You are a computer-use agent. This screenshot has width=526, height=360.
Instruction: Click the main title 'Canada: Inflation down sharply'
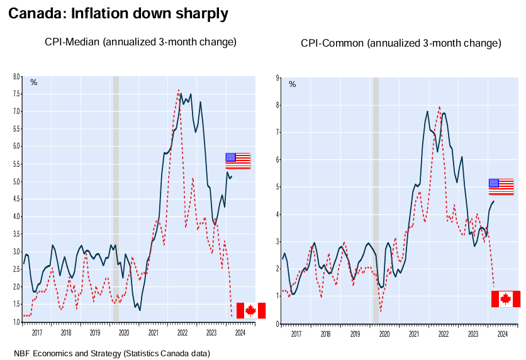pos(118,13)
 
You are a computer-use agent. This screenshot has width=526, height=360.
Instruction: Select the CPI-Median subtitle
pos(140,42)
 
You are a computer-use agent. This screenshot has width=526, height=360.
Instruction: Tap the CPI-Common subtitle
pos(401,43)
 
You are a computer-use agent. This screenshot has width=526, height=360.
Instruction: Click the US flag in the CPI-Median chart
pos(238,160)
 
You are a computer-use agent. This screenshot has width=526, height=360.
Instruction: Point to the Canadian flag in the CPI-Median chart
pos(250,310)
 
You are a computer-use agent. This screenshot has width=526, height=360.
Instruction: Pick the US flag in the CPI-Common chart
pos(501,186)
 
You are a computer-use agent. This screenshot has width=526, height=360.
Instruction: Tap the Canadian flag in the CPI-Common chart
pos(505,298)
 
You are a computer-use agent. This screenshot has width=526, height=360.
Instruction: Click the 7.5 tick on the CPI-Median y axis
pos(17,94)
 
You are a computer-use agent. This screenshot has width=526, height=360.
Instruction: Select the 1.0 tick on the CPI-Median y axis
pos(17,322)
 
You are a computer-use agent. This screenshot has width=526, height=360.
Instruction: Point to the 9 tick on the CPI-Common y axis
pos(276,77)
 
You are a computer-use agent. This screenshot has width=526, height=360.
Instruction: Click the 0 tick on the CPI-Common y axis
pos(276,323)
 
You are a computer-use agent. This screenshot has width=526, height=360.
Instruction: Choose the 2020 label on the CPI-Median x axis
pos(124,333)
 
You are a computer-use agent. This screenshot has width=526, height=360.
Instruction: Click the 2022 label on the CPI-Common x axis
pos(443,335)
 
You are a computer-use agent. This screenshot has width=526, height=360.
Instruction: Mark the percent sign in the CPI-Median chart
pos(34,82)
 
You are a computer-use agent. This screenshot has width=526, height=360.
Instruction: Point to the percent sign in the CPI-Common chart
pos(292,84)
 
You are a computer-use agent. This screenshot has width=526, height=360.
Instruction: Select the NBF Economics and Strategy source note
pos(111,354)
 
